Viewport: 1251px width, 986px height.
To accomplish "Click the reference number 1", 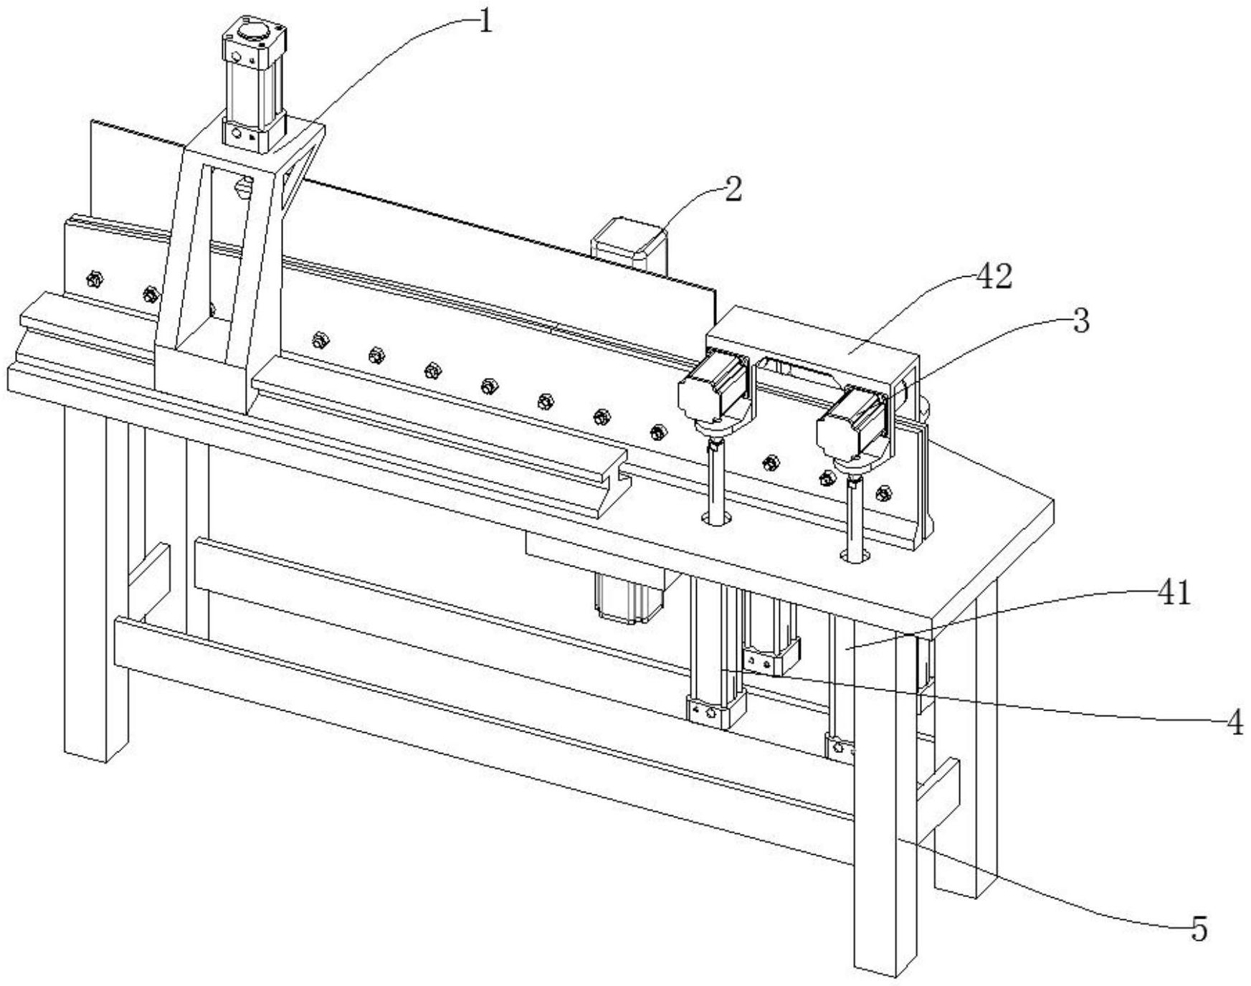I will point(485,22).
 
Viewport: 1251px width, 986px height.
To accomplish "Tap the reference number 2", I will point(732,191).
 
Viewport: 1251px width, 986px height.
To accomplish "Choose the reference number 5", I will point(1199,929).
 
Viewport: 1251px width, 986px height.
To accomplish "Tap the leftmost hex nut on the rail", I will point(92,278).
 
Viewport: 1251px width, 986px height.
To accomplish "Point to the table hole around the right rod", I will point(855,555).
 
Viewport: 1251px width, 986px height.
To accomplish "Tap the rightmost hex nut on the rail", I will point(884,493).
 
